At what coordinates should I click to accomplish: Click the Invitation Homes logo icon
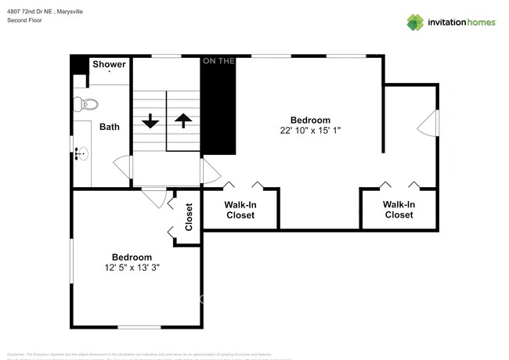coord(415,22)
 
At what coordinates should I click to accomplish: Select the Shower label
coord(109,64)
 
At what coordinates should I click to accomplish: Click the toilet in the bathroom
coord(87,103)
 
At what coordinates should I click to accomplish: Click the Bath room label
coord(110,126)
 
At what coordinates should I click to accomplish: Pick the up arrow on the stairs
coord(183,121)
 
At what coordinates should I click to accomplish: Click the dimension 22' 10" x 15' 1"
coord(311,131)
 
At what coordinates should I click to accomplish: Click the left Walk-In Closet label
coord(240,210)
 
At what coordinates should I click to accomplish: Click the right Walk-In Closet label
coord(399,210)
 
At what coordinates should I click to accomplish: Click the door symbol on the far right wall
coord(427,123)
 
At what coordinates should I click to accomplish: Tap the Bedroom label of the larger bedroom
coord(311,120)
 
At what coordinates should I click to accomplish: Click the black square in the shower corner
coord(78,64)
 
